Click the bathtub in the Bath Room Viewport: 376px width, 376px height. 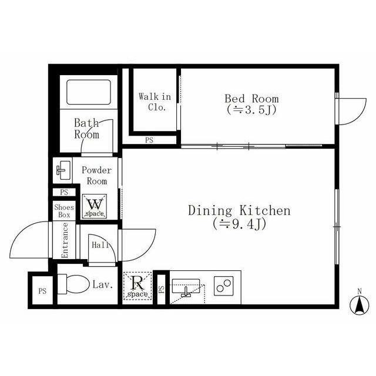[89, 92]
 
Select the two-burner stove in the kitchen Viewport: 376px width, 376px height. [223, 286]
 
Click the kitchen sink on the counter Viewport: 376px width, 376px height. [186, 286]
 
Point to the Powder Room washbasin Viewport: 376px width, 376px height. [63, 170]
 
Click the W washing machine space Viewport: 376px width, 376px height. [95, 206]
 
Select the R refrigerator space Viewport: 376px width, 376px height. [137, 286]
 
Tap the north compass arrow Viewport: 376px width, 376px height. [359, 305]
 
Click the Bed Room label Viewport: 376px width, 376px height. [251, 99]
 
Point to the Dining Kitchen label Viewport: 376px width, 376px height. [239, 210]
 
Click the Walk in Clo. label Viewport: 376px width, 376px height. [155, 102]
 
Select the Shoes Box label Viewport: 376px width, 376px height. [64, 211]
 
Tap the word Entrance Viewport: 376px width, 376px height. [65, 240]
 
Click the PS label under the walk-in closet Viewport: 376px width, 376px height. [149, 140]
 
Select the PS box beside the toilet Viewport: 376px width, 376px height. [42, 291]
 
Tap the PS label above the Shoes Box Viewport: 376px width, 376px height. [64, 192]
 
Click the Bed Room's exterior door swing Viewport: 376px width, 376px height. [351, 112]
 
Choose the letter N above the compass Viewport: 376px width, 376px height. [359, 292]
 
